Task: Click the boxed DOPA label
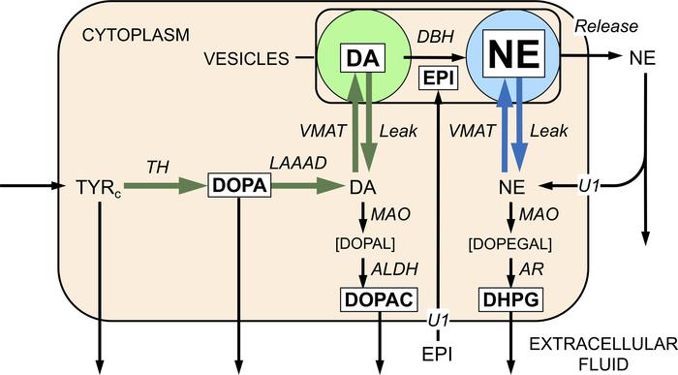point(238,184)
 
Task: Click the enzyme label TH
point(155,167)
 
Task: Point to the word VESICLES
point(245,58)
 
